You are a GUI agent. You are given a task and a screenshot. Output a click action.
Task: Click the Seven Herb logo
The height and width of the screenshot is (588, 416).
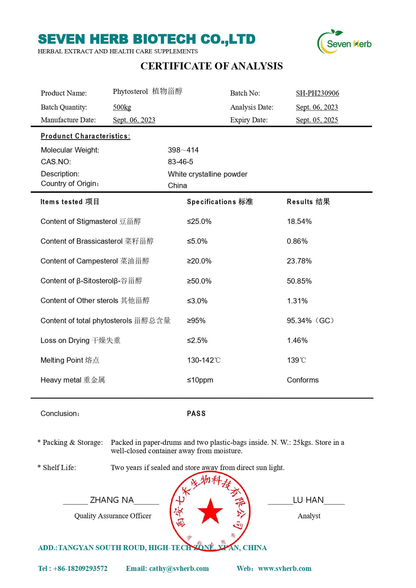click(x=344, y=42)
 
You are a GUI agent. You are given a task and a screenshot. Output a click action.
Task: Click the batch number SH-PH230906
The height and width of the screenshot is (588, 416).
click(x=317, y=93)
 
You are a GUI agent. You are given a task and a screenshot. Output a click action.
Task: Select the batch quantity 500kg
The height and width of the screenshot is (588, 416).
click(x=122, y=107)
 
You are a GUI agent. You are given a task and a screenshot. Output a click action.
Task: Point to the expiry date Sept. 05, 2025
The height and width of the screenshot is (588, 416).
click(x=317, y=120)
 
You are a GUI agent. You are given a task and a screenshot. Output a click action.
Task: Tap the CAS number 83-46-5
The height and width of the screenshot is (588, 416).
click(x=180, y=162)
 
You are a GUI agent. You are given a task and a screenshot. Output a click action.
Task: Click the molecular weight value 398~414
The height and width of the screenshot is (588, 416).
click(x=183, y=150)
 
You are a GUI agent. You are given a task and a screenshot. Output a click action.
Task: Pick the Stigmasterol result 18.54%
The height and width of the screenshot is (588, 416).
click(x=299, y=222)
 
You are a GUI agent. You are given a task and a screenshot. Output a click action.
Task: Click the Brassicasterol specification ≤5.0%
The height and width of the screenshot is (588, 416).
click(x=197, y=241)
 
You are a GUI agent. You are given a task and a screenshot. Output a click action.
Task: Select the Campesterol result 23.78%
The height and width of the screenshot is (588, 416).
click(x=299, y=261)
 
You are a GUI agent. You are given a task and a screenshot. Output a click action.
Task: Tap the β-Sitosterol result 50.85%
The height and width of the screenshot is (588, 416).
click(x=299, y=281)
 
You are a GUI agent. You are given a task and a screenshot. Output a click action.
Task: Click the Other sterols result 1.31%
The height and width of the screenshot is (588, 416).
click(x=297, y=301)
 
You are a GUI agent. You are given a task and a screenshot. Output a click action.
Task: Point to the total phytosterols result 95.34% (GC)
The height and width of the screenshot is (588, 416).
click(x=310, y=320)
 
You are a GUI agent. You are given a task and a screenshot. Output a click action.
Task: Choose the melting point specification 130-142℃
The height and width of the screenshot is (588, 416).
click(x=204, y=360)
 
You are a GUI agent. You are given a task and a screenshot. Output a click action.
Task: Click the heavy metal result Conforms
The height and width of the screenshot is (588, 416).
click(x=303, y=380)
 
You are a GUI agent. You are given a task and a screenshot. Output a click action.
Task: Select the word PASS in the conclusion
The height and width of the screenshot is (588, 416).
click(x=196, y=414)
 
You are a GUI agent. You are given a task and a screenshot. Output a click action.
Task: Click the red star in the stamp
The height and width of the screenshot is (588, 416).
click(x=210, y=512)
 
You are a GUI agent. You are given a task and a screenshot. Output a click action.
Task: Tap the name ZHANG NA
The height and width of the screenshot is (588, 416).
click(x=112, y=500)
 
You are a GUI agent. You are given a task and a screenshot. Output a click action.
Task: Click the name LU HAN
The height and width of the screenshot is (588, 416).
click(x=308, y=500)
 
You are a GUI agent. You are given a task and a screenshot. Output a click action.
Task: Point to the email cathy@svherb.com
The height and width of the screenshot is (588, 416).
click(x=179, y=569)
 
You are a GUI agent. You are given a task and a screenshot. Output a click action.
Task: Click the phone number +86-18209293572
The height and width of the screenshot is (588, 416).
click(x=80, y=569)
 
